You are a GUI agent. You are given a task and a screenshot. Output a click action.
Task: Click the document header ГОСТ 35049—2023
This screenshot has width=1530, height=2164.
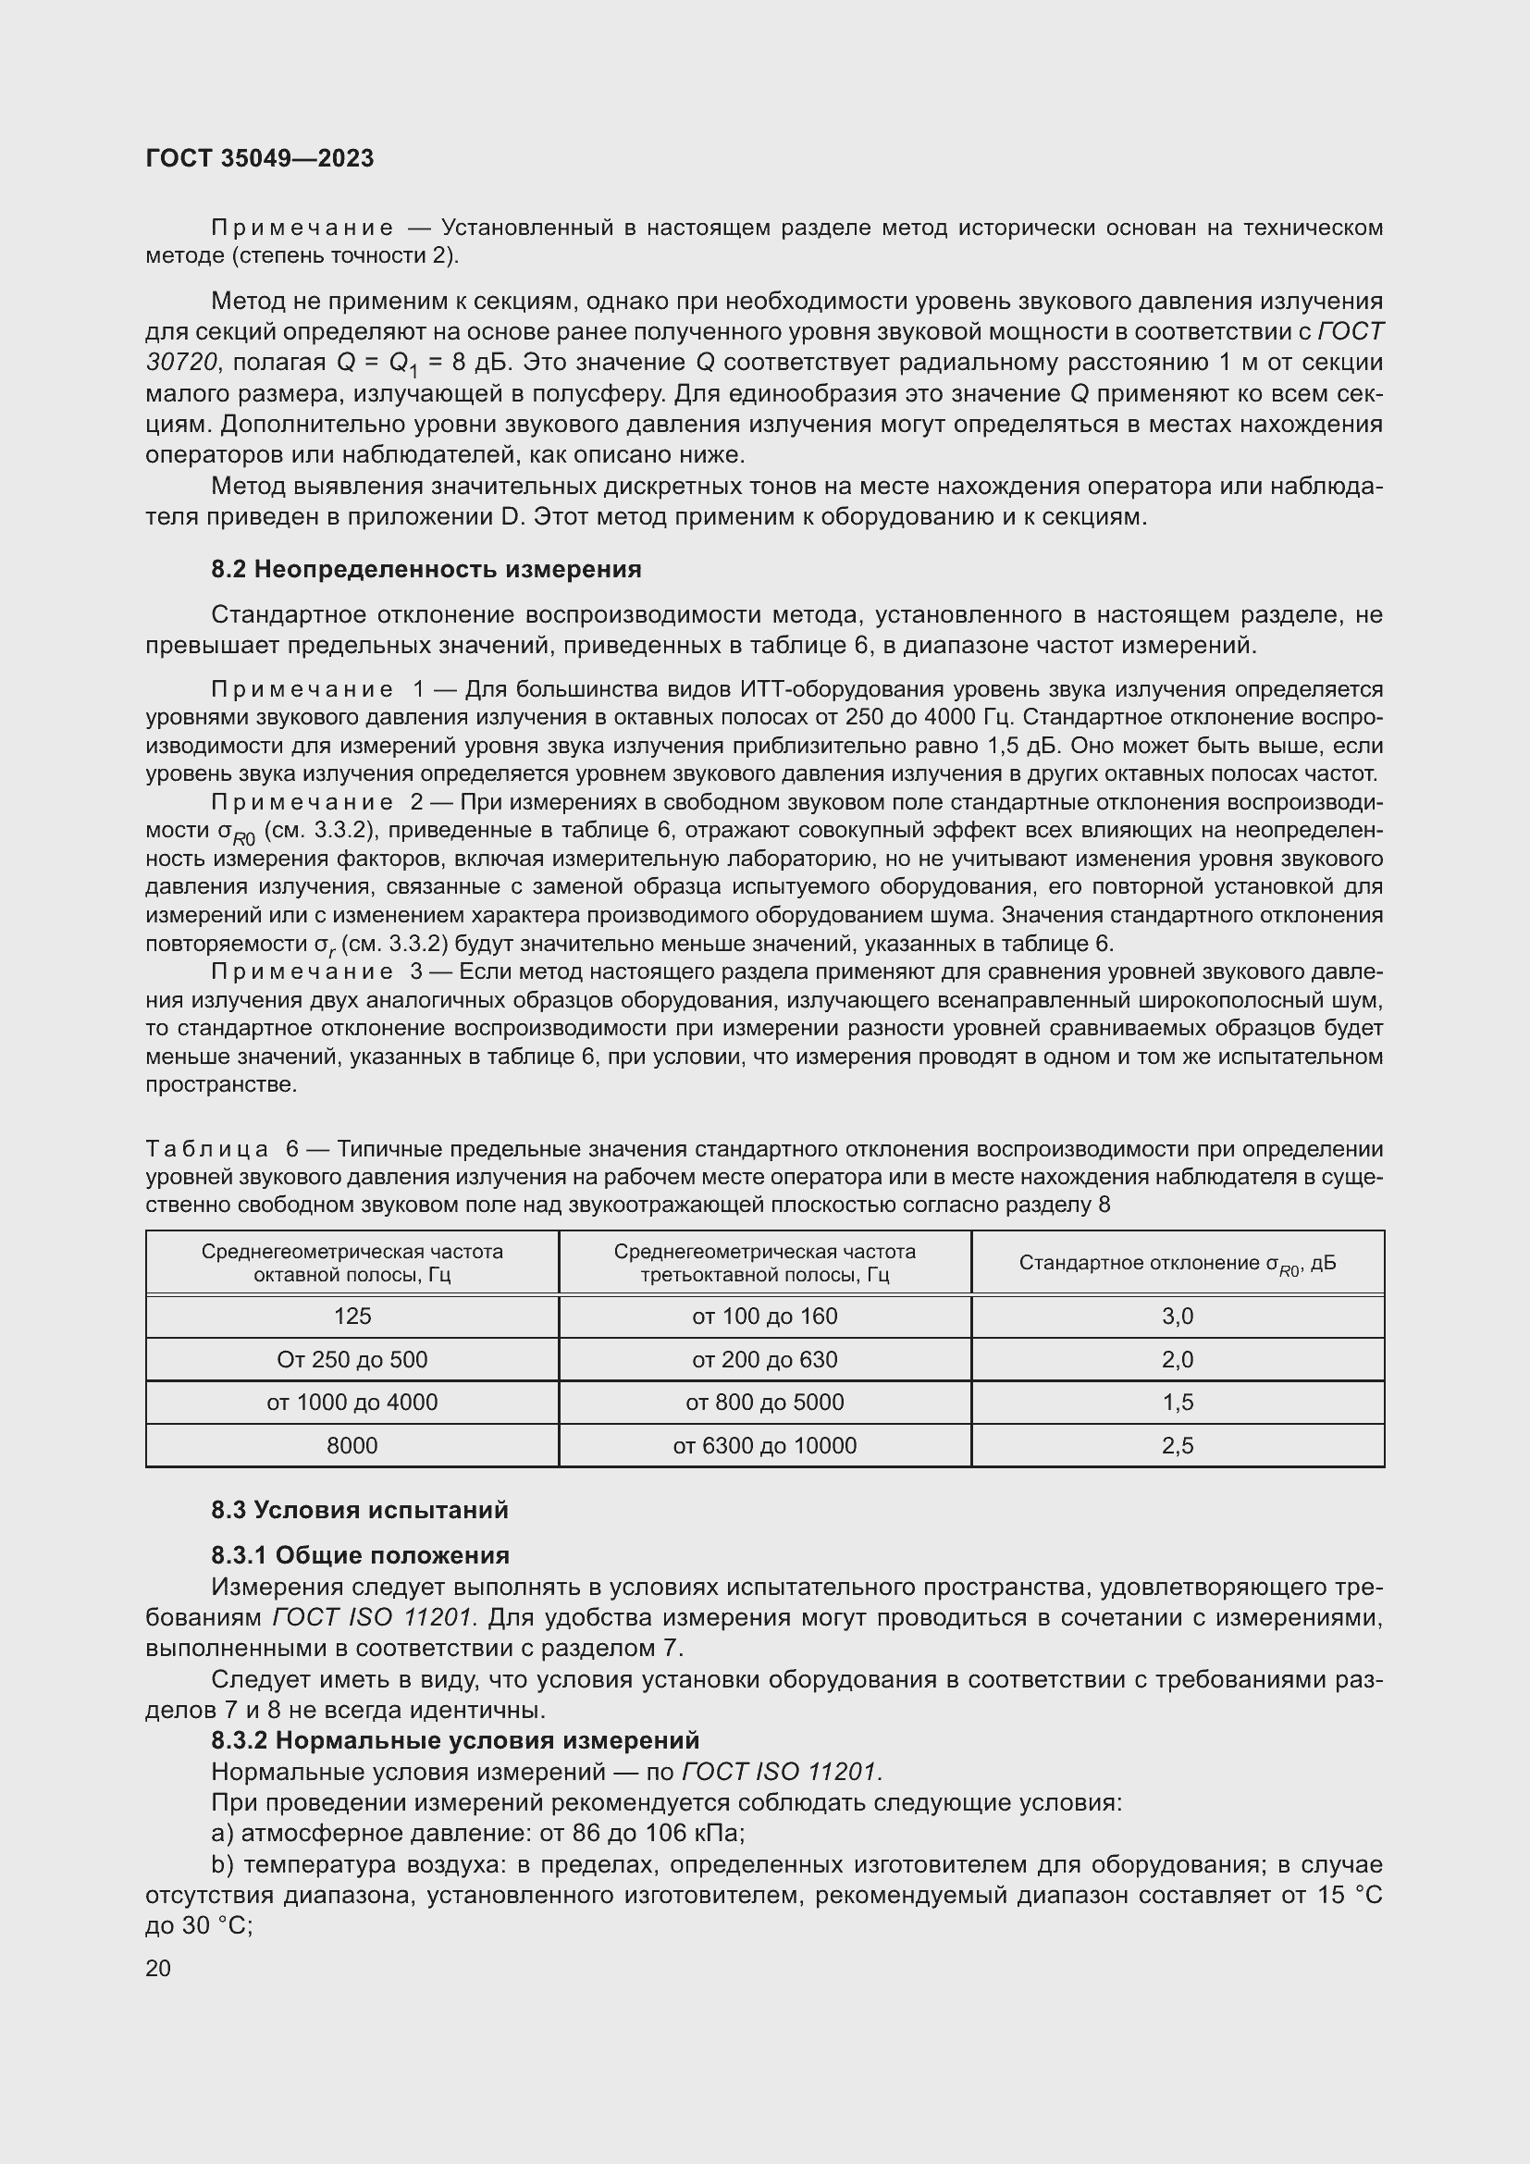[259, 158]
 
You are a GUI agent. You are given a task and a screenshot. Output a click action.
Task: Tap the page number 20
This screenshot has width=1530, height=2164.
[158, 1968]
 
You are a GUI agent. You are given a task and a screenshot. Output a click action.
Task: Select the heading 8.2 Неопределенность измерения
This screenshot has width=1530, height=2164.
[426, 569]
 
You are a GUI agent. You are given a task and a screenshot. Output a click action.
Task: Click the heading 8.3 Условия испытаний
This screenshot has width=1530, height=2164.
[359, 1510]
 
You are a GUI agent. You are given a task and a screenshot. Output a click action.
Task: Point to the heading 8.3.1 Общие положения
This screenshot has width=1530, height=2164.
[360, 1555]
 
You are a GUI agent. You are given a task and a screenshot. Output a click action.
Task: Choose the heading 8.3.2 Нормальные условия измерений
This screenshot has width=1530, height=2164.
[455, 1740]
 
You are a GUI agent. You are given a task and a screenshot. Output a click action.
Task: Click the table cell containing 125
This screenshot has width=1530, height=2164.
[352, 1317]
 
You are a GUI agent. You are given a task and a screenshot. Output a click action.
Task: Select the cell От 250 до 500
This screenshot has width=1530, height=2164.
[352, 1360]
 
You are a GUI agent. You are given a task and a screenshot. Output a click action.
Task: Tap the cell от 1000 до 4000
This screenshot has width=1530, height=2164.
[352, 1403]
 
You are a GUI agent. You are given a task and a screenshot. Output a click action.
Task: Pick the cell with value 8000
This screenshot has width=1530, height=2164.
[352, 1446]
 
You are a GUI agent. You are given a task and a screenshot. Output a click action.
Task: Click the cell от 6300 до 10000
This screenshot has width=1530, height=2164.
[764, 1446]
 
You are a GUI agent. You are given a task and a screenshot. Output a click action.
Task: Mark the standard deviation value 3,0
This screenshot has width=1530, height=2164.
[1177, 1317]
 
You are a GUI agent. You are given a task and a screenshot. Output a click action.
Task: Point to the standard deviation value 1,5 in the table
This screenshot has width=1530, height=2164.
[1177, 1403]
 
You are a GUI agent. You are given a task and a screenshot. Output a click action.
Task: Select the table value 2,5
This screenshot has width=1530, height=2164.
[1177, 1446]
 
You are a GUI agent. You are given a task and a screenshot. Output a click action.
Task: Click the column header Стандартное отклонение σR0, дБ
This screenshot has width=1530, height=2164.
[1177, 1264]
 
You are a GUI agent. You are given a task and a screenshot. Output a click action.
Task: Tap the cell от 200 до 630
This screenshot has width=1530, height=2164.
[764, 1360]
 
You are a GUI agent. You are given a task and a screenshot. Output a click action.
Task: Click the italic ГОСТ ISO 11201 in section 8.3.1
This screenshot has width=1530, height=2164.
[371, 1618]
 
